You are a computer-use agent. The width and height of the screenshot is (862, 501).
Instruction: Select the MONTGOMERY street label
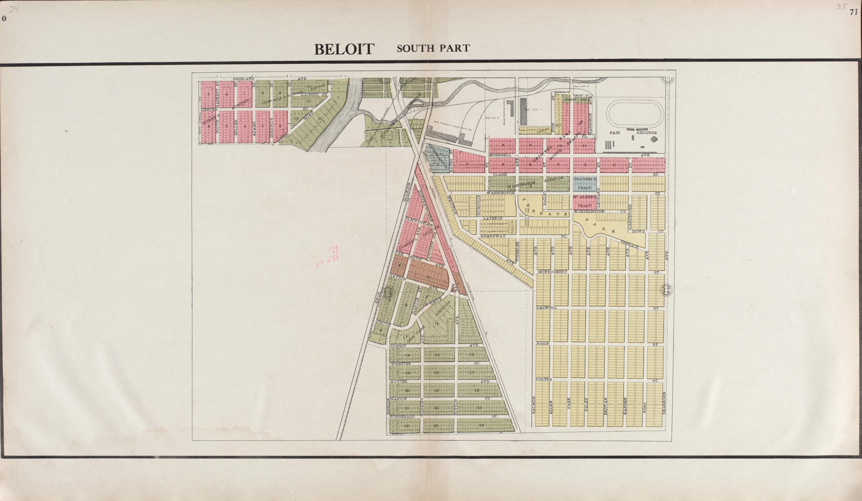coord(553,272)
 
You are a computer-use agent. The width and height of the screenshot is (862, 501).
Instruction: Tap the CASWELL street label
coord(546,308)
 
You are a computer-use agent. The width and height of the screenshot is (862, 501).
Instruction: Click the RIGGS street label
coord(543,343)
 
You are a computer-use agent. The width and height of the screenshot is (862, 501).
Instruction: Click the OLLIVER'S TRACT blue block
coord(585,183)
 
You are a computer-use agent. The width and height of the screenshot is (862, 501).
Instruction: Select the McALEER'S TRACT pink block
coord(585,202)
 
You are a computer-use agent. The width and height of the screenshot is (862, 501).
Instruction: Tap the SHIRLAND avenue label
coord(244,79)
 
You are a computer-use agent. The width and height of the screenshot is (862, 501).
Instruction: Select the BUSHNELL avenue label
coord(500,155)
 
